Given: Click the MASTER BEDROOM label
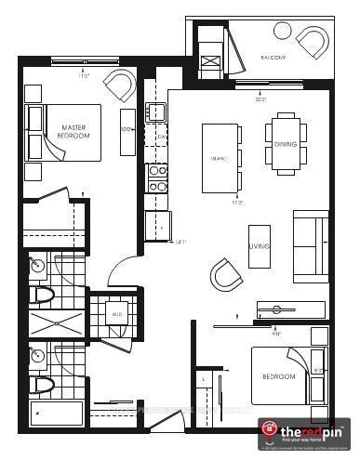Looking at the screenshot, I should click(74, 131).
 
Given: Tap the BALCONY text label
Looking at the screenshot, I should click(273, 59).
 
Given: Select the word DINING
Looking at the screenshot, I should click(286, 144).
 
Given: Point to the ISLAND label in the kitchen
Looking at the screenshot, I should click(219, 157).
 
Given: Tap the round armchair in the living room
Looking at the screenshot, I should click(226, 274).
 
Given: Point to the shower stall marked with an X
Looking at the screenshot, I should click(55, 322).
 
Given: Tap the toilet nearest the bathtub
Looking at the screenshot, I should click(40, 383).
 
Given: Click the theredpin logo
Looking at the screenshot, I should click(306, 430).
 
